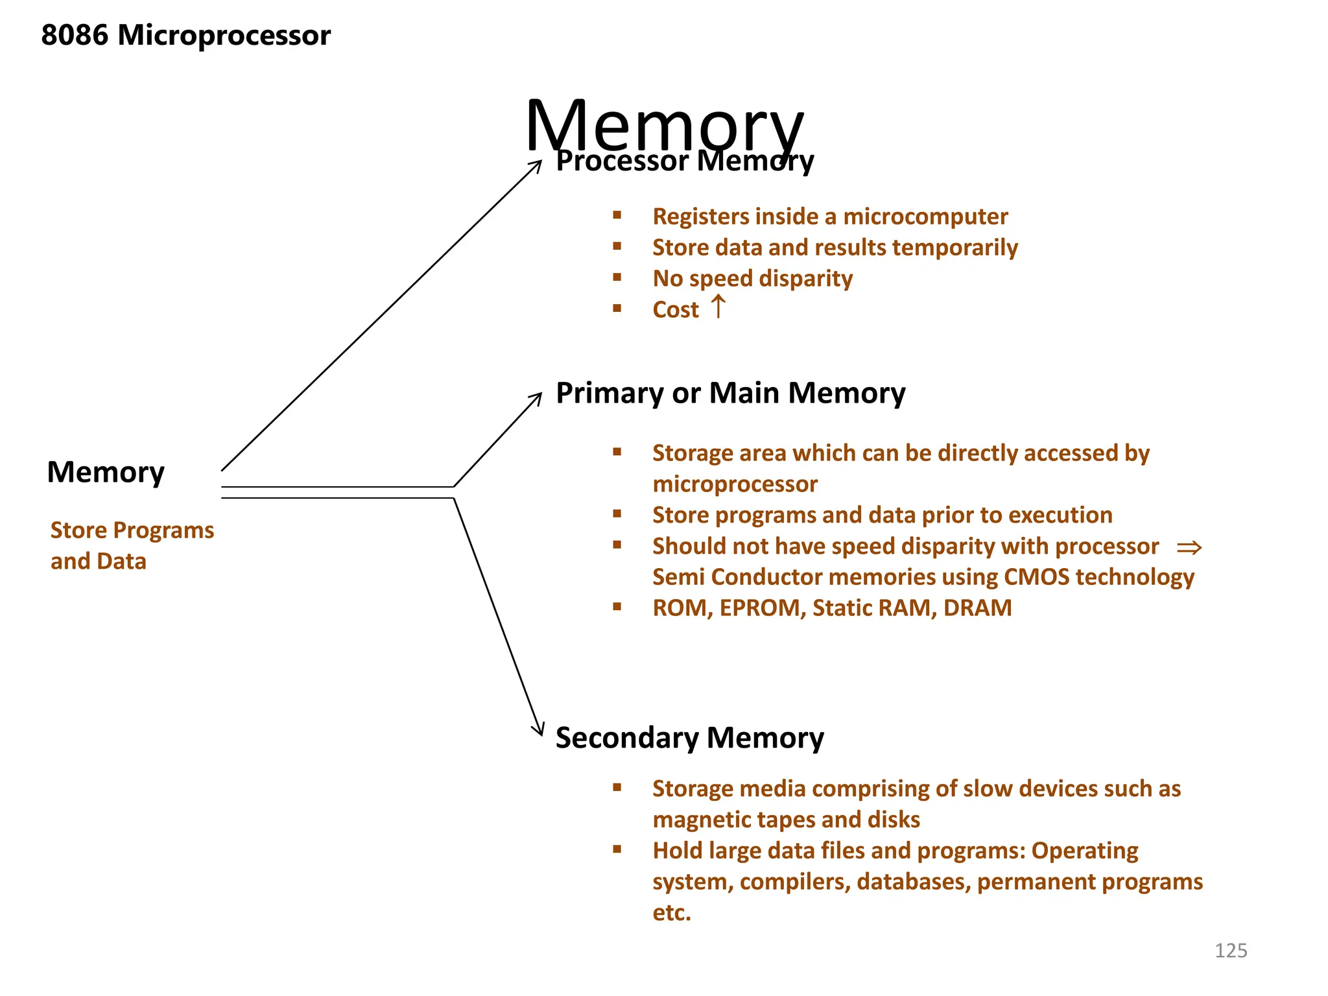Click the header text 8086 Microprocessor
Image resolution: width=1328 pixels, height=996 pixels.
point(185,35)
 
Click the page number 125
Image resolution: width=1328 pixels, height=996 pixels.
point(1230,951)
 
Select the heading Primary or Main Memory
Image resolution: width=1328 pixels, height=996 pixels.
point(730,394)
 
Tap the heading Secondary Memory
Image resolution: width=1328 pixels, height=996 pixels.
point(689,738)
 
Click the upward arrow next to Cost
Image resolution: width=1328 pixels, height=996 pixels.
point(718,307)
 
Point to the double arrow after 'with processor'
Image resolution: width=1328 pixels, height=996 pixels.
point(1189,548)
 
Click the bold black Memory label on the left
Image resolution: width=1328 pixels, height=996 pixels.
point(106,472)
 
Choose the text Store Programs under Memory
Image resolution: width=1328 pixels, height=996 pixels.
point(132,530)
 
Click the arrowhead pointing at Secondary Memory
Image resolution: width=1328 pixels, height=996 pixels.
point(539,730)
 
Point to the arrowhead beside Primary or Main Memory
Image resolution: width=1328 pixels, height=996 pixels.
point(536,397)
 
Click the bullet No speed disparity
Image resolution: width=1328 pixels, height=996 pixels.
point(752,279)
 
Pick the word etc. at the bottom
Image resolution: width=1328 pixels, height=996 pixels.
point(672,913)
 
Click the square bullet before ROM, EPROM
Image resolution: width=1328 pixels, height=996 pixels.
point(617,607)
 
